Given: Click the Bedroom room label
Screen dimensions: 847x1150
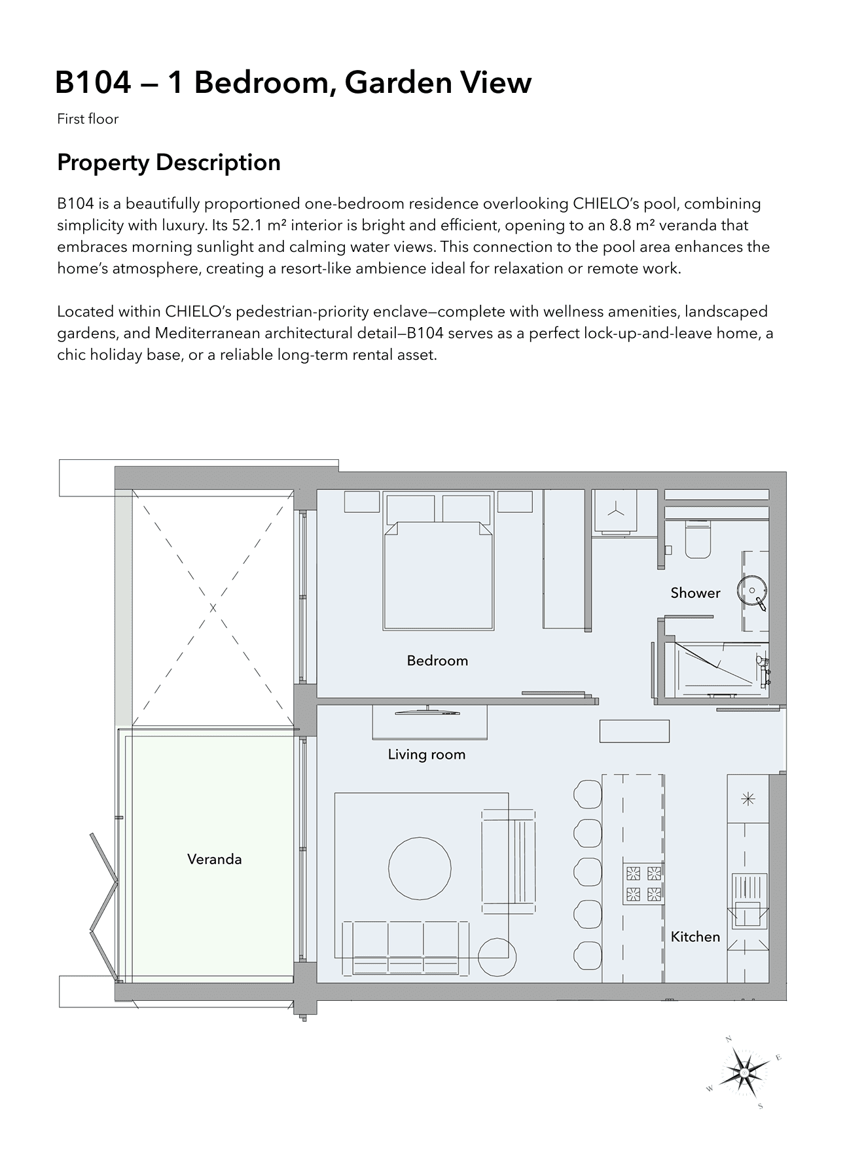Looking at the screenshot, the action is pyautogui.click(x=437, y=661).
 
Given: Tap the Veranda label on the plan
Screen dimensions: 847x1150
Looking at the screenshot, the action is pyautogui.click(x=215, y=859).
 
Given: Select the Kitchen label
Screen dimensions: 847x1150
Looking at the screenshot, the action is pyautogui.click(x=695, y=937).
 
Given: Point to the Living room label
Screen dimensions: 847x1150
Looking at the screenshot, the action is pyautogui.click(x=427, y=755).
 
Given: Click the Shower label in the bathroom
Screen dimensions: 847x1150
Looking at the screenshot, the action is pyautogui.click(x=695, y=593).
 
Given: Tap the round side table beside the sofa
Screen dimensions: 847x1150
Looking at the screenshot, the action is pyautogui.click(x=497, y=957).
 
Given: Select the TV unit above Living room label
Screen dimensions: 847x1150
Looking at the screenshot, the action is pyautogui.click(x=429, y=722).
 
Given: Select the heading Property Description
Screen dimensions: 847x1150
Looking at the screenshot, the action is pyautogui.click(x=169, y=162).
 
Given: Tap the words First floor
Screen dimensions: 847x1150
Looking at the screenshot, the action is pyautogui.click(x=88, y=119).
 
